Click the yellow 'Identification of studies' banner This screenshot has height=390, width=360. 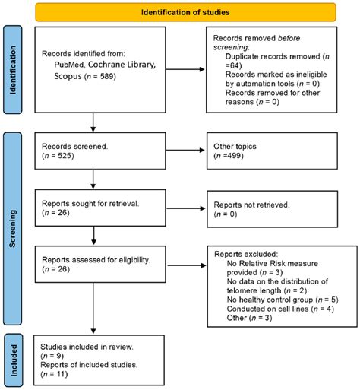coord(179,12)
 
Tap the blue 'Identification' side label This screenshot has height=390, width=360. coord(13,68)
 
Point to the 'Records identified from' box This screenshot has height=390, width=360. coord(93,68)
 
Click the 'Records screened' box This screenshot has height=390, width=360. coord(93,151)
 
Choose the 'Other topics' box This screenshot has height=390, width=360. coord(270,151)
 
